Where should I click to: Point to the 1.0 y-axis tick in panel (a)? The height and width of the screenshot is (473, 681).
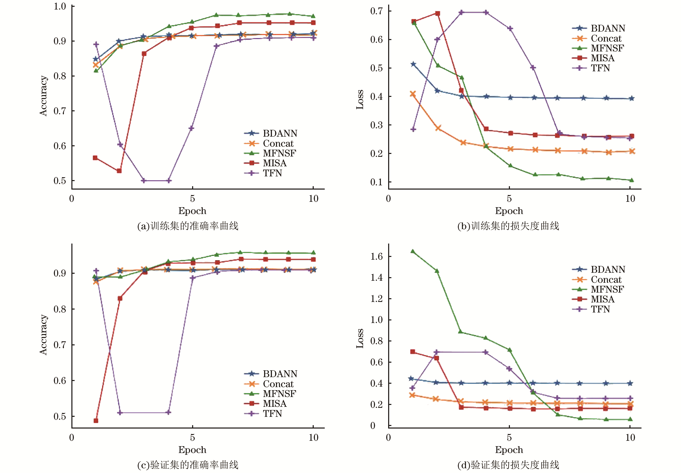tap(60, 6)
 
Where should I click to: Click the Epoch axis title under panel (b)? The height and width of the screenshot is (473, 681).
tap(509, 211)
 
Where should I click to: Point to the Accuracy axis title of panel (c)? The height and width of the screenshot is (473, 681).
tap(43, 335)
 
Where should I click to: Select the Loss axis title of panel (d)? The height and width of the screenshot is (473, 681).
tap(360, 338)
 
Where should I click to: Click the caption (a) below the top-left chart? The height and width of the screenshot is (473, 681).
tap(188, 226)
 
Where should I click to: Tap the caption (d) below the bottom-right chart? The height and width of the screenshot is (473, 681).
tap(508, 465)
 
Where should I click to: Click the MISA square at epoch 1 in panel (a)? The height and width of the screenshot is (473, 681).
tap(95, 158)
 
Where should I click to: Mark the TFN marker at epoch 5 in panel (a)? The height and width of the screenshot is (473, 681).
tap(191, 128)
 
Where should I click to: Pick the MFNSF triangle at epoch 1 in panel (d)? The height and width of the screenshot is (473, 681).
tap(412, 251)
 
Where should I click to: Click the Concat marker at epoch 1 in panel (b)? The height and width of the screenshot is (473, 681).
tap(413, 94)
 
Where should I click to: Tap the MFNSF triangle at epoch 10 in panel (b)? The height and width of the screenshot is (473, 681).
tap(631, 180)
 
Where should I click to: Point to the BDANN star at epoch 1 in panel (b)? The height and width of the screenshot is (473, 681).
tap(413, 64)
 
